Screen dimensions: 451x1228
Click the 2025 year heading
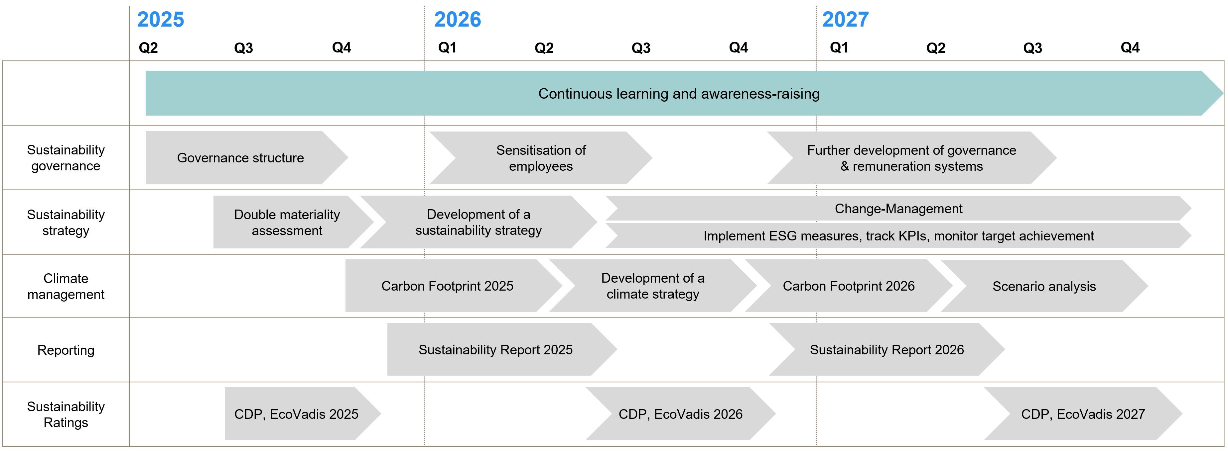click(x=160, y=20)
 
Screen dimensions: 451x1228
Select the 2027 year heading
click(x=845, y=20)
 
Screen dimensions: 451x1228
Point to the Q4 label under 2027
click(x=1130, y=47)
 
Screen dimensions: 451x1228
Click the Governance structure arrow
click(x=240, y=158)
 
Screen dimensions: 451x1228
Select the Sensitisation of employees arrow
click(x=541, y=158)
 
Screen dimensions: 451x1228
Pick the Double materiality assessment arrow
click(x=287, y=223)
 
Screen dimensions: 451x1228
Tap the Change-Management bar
click(x=898, y=209)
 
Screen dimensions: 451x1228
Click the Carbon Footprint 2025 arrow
click(x=447, y=286)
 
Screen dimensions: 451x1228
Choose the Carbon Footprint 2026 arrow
click(x=849, y=286)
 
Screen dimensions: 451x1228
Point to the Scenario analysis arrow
click(x=1044, y=286)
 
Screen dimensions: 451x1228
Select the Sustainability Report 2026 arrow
click(x=887, y=350)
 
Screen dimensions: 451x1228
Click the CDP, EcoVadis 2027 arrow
click(x=1083, y=414)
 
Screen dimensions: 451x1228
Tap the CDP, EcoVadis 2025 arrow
click(x=296, y=414)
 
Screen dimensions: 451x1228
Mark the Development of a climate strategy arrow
click(x=653, y=286)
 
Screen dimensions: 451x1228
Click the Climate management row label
click(x=66, y=286)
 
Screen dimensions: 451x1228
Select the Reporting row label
click(x=66, y=350)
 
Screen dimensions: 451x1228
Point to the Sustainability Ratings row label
click(x=66, y=414)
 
